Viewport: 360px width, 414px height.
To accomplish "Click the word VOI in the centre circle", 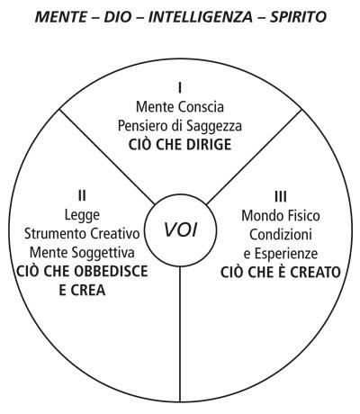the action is [181, 230].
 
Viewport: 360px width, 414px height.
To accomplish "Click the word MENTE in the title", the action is [61, 17].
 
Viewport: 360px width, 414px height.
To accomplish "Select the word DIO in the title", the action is [118, 17].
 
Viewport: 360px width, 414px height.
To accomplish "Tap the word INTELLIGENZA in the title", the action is [201, 17].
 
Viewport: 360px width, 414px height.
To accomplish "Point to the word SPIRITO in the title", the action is [298, 17].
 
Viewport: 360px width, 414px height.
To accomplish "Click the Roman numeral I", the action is [180, 88].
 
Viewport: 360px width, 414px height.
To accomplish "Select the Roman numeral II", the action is [82, 196].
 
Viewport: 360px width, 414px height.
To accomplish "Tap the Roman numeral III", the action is [281, 197].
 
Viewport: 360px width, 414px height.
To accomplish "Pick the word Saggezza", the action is [214, 126].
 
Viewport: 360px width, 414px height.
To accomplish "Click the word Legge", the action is [82, 215].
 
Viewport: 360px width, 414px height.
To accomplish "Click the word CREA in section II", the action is [88, 291].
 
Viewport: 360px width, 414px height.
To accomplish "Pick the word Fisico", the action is [302, 216].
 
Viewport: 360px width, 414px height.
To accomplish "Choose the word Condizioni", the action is [281, 235].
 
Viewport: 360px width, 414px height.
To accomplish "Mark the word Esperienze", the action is [286, 254].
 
